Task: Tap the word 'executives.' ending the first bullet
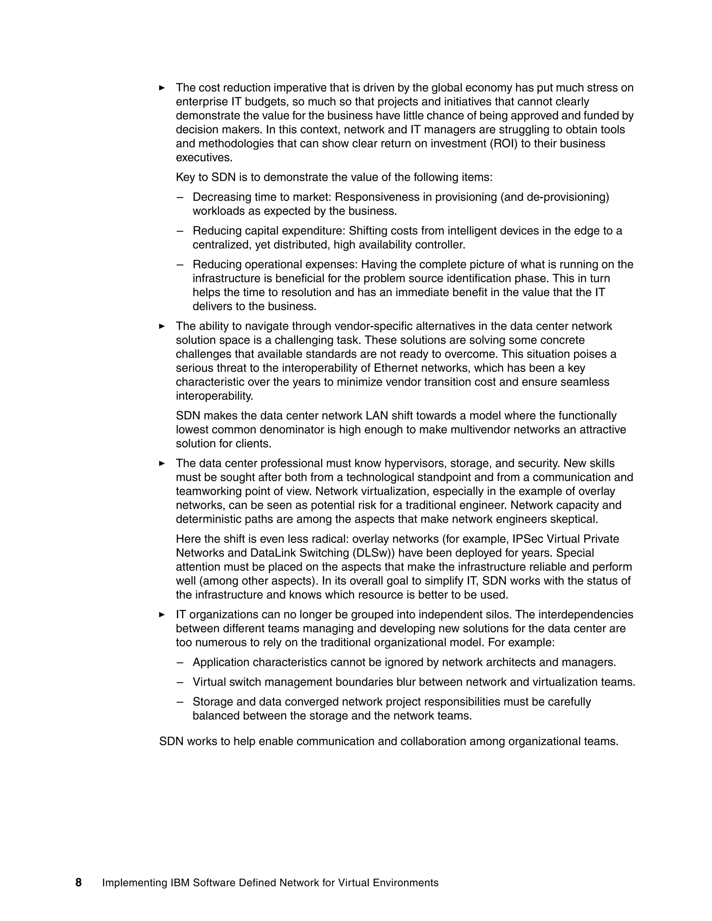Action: coord(204,158)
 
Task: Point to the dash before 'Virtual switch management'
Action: coord(180,682)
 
